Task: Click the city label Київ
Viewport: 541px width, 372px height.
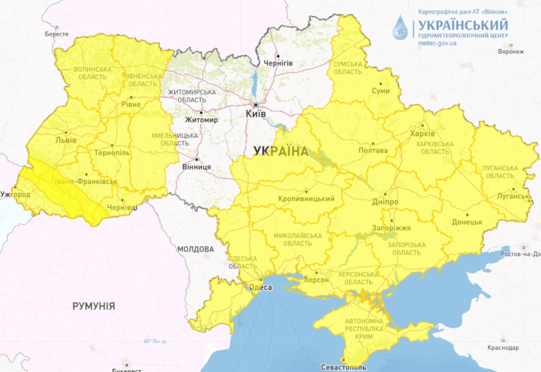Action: click(x=256, y=114)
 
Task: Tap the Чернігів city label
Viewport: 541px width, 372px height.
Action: click(x=278, y=63)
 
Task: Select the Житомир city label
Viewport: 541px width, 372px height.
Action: click(x=201, y=120)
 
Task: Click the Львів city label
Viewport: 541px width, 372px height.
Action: click(x=66, y=140)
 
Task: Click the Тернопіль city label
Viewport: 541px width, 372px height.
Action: click(x=111, y=153)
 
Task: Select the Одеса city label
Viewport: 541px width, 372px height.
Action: click(x=261, y=287)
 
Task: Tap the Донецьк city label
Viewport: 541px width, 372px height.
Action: click(x=467, y=222)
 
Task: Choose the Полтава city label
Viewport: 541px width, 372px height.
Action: click(x=373, y=151)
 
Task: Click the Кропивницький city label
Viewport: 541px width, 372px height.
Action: click(x=307, y=199)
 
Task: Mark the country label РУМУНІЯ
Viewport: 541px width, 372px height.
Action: click(x=94, y=306)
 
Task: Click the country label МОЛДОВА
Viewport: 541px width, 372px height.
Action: click(x=196, y=249)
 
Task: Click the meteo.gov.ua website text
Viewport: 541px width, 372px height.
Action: click(x=437, y=44)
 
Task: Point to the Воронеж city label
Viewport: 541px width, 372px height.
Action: click(x=511, y=52)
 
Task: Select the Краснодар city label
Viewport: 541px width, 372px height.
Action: click(x=503, y=348)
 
